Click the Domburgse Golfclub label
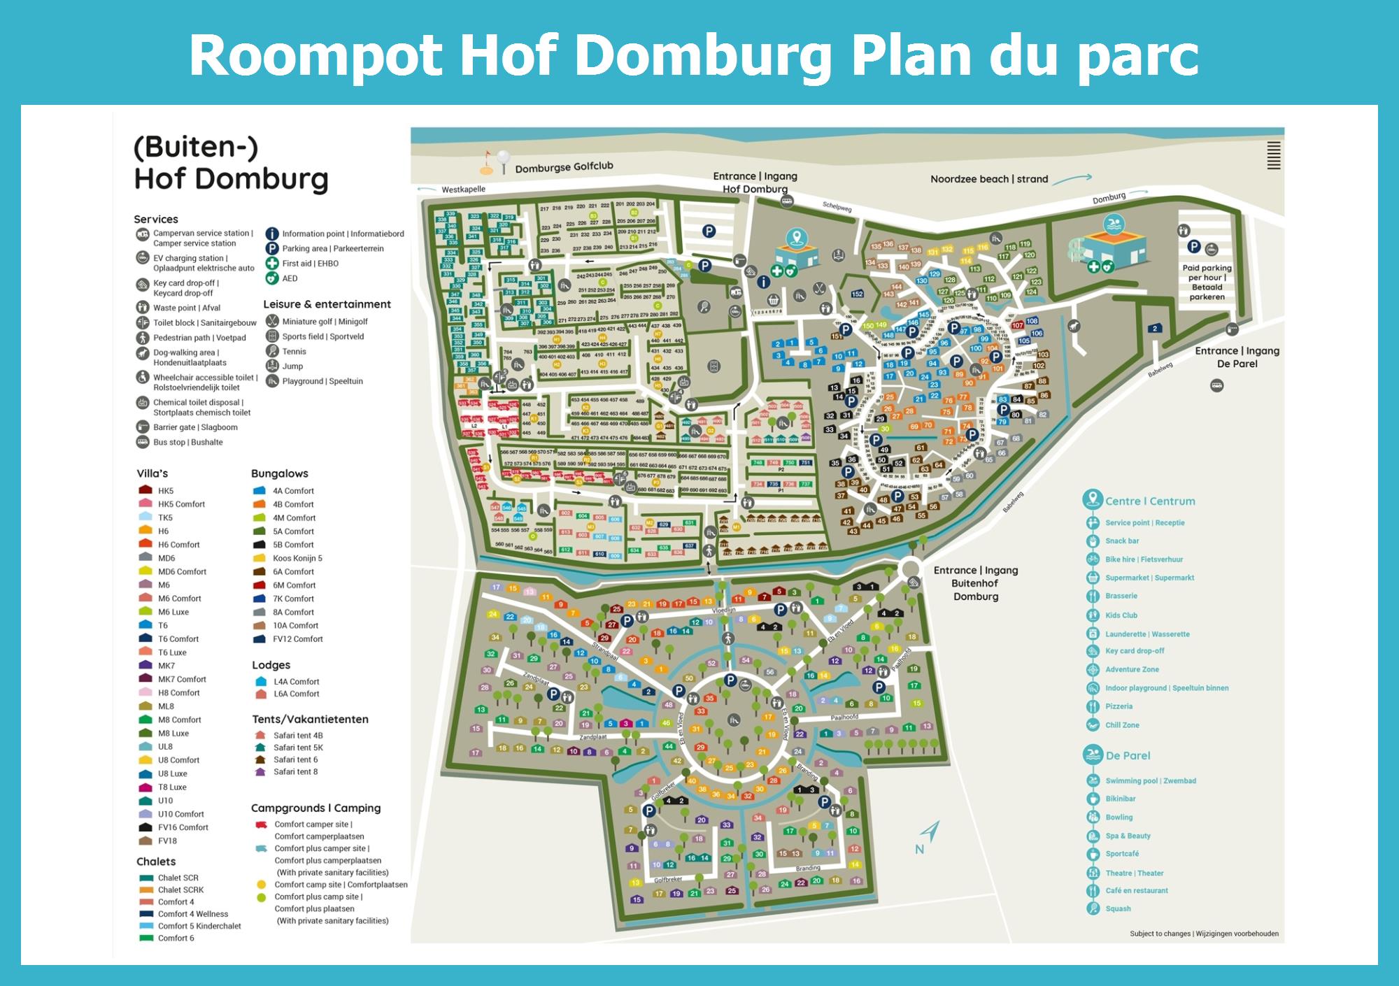point(564,167)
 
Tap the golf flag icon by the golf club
point(487,162)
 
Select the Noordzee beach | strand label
point(989,179)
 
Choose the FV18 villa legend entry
point(166,841)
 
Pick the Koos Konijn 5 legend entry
point(297,559)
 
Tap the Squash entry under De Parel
point(1118,909)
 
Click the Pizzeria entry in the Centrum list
point(1119,706)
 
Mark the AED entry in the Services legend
point(290,278)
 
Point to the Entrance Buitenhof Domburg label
point(976,583)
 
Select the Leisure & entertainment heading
point(327,304)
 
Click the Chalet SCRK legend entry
point(180,890)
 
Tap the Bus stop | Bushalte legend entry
point(187,442)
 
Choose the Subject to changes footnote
point(1204,934)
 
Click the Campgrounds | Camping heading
point(315,808)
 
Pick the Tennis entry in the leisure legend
point(294,352)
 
